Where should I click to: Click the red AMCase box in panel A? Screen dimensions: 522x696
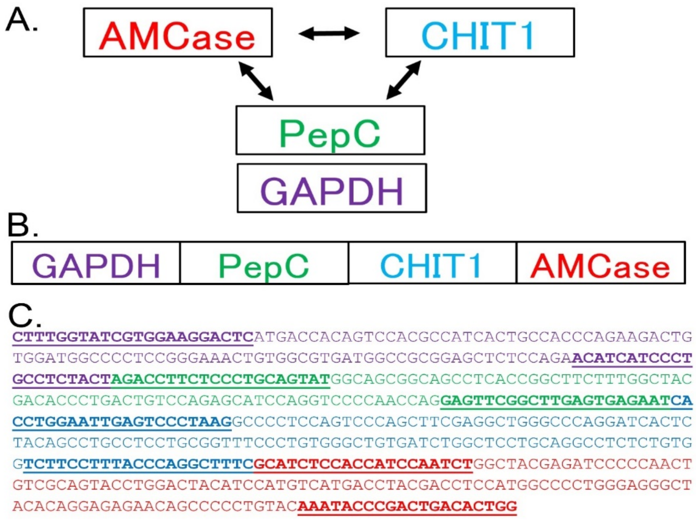click(178, 33)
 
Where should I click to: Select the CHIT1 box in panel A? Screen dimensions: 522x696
click(480, 33)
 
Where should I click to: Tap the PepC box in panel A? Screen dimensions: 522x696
click(330, 130)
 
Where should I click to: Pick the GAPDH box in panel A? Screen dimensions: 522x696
click(332, 188)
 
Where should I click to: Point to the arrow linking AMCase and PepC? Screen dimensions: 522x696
click(256, 81)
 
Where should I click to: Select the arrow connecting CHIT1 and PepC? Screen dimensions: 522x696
click(404, 80)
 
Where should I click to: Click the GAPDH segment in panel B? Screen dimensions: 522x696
click(96, 263)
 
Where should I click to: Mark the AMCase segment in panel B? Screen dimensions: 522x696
click(600, 263)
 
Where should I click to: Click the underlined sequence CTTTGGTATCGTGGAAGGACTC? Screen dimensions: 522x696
click(133, 337)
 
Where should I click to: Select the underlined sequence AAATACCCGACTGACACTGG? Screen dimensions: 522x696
click(407, 506)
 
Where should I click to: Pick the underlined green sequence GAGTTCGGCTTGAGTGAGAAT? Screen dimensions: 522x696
click(555, 401)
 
